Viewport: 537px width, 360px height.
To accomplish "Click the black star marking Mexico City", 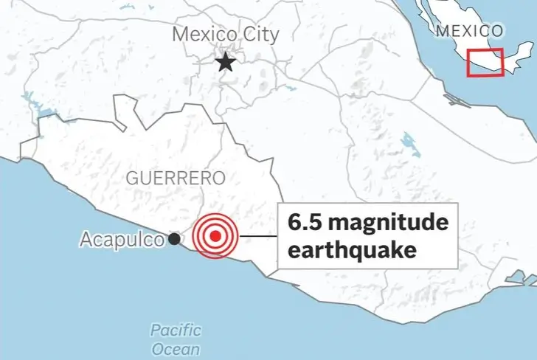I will (x=226, y=63).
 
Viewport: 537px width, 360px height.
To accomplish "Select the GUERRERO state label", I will (x=164, y=178).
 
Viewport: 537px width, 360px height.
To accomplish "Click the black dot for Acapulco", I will (x=174, y=238).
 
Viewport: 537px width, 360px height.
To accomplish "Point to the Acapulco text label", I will (x=121, y=239).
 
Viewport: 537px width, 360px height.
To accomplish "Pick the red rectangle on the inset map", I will (x=485, y=62).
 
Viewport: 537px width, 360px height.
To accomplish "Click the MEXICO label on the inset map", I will (x=469, y=31).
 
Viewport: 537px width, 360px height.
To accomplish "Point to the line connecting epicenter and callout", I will (x=257, y=237).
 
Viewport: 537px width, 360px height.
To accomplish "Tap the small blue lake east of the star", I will (x=289, y=88).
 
